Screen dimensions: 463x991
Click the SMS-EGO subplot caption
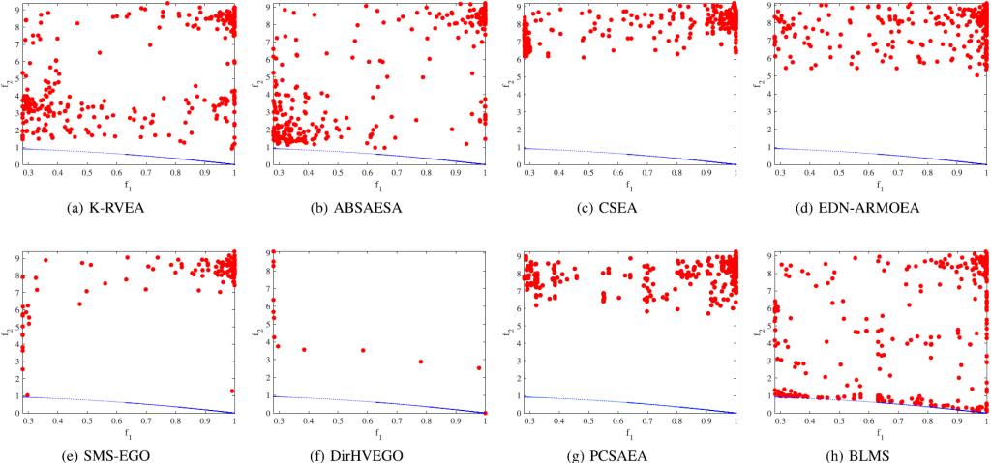click(x=129, y=449)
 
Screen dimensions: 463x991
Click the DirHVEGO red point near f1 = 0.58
click(x=363, y=350)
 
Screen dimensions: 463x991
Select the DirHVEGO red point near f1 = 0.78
click(x=420, y=362)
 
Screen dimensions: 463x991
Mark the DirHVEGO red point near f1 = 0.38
click(x=304, y=349)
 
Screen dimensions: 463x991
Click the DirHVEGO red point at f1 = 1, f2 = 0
click(x=485, y=413)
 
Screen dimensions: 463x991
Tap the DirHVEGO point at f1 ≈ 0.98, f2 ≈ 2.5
click(x=479, y=368)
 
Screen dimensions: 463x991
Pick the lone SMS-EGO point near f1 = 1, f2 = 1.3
click(x=232, y=391)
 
